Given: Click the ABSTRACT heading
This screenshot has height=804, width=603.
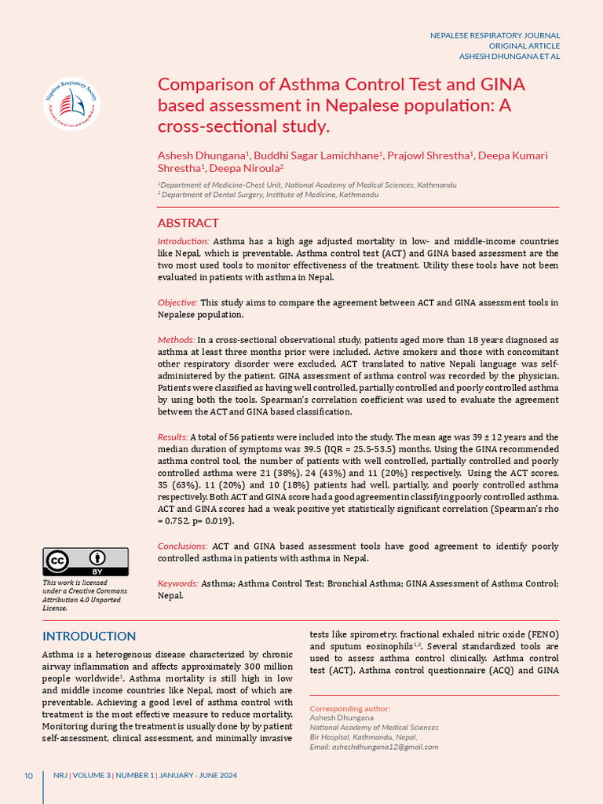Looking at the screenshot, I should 188,223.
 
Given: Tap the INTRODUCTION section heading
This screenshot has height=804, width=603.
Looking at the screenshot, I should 89,636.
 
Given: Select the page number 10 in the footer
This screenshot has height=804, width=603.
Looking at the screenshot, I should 28,776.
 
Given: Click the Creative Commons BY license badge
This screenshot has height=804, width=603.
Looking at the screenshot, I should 86,561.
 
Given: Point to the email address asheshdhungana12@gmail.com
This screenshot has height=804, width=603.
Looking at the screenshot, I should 374,747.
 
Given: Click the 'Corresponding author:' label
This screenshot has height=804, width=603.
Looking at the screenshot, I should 349,708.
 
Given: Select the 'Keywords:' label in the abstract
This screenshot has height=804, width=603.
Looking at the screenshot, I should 178,583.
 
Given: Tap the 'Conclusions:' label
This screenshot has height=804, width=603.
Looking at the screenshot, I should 183,546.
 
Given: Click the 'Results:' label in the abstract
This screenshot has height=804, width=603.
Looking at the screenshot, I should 173,437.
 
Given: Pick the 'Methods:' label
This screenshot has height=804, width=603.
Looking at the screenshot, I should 176,339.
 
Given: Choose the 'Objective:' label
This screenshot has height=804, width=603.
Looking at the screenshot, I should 177,302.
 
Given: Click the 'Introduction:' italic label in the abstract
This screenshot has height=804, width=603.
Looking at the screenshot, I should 183,241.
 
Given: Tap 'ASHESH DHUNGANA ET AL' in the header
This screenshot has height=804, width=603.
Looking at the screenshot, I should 509,57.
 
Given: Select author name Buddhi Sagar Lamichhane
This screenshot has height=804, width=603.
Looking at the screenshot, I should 316,155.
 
